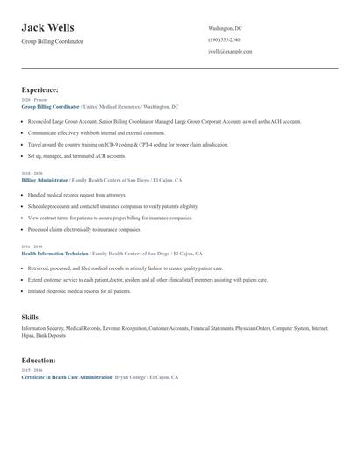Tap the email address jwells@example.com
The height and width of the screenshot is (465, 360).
point(230,51)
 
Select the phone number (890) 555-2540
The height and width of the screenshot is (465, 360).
point(224,39)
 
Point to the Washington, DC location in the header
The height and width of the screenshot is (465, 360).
point(225,28)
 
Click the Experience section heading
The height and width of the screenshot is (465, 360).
point(40,89)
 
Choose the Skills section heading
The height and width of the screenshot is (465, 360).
point(30,316)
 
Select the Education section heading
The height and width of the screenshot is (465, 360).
point(39,360)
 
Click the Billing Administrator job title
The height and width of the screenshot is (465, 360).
point(44,180)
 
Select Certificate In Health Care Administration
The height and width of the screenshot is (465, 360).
point(67,376)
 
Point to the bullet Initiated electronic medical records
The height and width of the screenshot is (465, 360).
point(79,290)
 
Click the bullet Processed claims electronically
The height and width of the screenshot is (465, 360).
point(84,229)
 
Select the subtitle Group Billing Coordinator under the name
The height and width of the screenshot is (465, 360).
point(52,42)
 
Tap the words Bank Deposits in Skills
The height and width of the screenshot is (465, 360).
point(51,335)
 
